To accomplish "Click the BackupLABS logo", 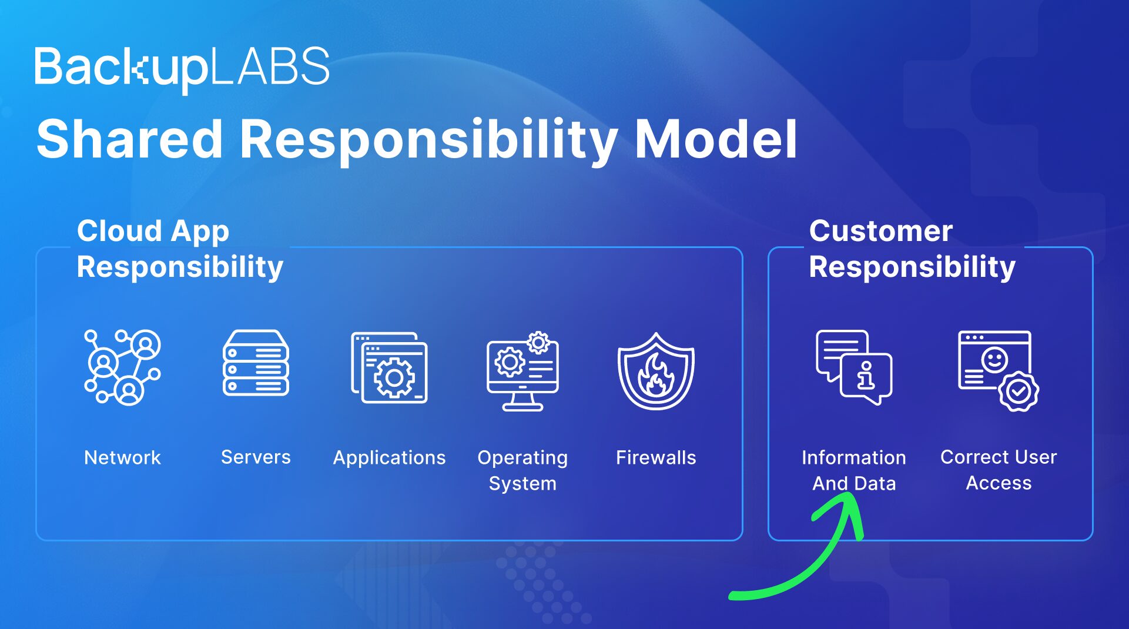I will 182,68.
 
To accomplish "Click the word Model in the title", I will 715,140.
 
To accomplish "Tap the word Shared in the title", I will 130,140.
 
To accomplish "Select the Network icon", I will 122,367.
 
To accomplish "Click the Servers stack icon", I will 256,363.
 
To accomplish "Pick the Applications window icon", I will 389,368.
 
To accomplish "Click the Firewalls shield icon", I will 656,372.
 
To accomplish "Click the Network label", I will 122,458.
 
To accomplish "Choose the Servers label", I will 256,457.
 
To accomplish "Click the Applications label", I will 389,458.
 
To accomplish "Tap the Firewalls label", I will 656,458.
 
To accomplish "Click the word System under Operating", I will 522,484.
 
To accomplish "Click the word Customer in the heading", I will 880,231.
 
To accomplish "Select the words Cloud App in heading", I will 153,231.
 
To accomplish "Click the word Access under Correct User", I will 999,483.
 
